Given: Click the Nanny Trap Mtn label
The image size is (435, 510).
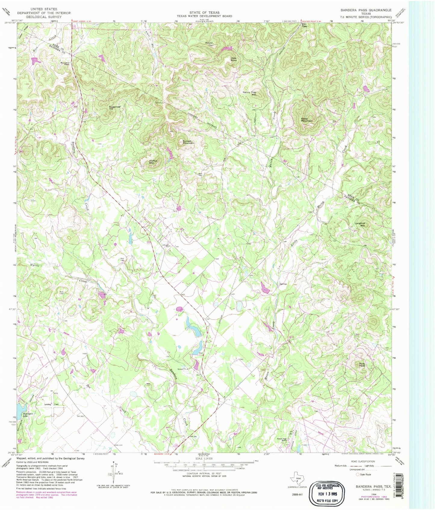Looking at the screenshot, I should pos(250,93).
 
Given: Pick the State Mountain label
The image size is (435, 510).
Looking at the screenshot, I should pos(307,120).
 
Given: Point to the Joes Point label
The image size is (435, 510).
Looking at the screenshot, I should pos(233,59).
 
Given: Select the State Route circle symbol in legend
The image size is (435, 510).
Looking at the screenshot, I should pos(357,474).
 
